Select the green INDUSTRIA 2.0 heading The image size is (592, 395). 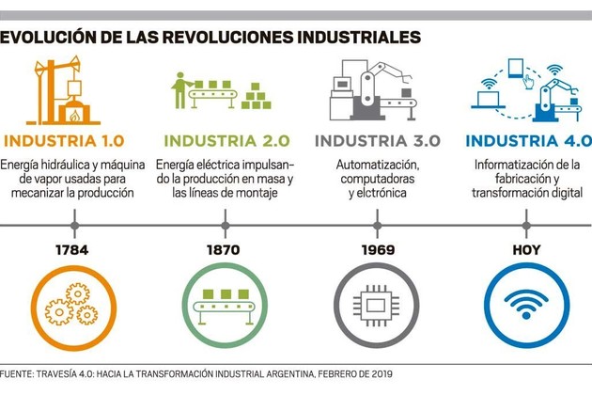click(225, 141)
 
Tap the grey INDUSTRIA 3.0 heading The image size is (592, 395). click(377, 141)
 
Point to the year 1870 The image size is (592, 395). click(224, 251)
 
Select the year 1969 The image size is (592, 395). click(377, 251)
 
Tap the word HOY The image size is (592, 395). click(526, 251)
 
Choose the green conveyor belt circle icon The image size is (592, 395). click(224, 303)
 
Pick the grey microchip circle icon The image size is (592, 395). click(376, 303)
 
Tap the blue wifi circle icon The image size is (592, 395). click(527, 303)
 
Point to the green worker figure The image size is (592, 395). click(179, 89)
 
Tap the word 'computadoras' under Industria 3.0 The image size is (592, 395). click(377, 179)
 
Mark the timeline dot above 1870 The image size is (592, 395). click(225, 226)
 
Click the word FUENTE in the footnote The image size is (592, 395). click(19, 373)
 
